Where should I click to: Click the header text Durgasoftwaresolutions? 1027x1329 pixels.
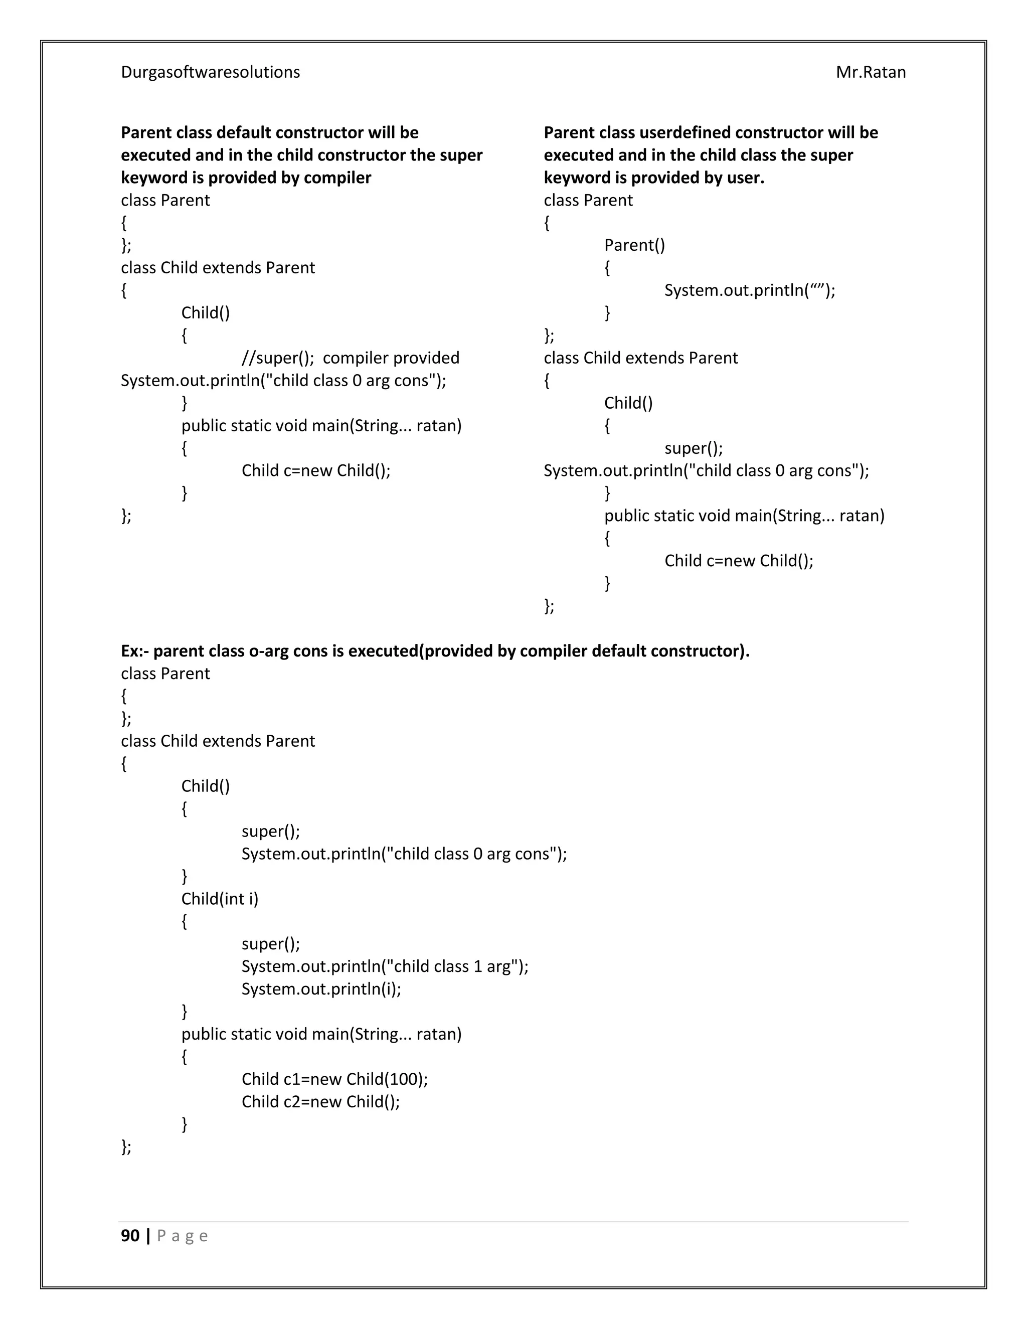click(x=210, y=72)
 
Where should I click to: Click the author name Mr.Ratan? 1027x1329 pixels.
click(x=870, y=72)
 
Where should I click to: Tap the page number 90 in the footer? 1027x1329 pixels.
click(x=130, y=1235)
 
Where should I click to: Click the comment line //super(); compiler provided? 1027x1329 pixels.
click(x=350, y=358)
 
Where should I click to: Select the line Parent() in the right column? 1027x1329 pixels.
click(x=634, y=245)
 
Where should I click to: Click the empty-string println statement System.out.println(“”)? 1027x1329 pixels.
click(x=749, y=290)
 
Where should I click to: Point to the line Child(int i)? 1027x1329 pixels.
click(x=220, y=899)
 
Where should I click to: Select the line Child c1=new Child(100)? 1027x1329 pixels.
click(x=334, y=1079)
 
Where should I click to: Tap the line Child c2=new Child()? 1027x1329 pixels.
click(x=320, y=1101)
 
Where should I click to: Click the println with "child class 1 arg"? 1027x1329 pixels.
click(x=385, y=966)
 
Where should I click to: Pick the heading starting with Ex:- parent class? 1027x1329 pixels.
click(x=434, y=651)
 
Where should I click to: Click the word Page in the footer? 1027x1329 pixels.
click(x=182, y=1236)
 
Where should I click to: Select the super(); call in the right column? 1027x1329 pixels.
click(x=693, y=448)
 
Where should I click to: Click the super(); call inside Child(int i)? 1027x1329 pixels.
click(x=270, y=944)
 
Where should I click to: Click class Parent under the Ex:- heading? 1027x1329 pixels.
click(x=165, y=674)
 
